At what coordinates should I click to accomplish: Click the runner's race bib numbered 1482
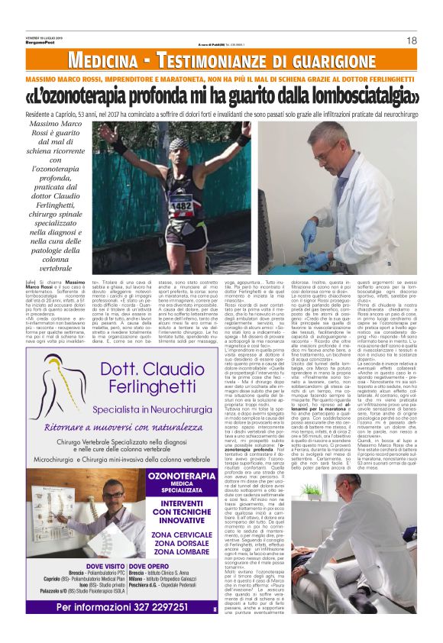[x=182, y=205]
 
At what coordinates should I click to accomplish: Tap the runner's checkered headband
[x=177, y=144]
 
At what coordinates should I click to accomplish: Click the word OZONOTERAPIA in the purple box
[x=180, y=477]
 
